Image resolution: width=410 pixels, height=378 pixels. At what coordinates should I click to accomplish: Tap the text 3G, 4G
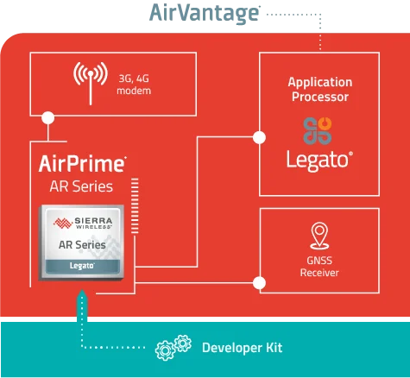pos(129,79)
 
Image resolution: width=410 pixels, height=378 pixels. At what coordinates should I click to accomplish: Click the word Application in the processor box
pos(319,82)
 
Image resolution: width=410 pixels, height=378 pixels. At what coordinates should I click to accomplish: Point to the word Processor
pos(319,97)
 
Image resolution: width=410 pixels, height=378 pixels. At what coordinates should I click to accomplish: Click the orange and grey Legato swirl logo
pos(319,130)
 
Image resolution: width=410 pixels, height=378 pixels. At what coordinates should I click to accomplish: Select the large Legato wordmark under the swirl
pos(318,161)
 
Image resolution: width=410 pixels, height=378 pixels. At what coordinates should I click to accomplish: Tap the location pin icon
pos(319,236)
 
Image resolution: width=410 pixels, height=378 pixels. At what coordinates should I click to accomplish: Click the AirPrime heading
pos(83,163)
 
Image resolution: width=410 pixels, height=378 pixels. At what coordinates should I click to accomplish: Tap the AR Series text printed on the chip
pos(83,245)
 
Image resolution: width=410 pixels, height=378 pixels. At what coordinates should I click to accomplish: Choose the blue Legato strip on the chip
pos(82,267)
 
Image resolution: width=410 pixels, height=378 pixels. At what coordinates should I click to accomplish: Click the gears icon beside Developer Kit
pos(172,348)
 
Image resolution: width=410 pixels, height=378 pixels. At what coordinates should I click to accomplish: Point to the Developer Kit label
pos(242,348)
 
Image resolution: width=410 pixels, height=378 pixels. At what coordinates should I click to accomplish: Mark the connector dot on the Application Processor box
pos(260,135)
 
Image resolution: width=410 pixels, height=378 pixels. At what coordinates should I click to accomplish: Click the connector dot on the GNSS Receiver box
pos(260,280)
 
